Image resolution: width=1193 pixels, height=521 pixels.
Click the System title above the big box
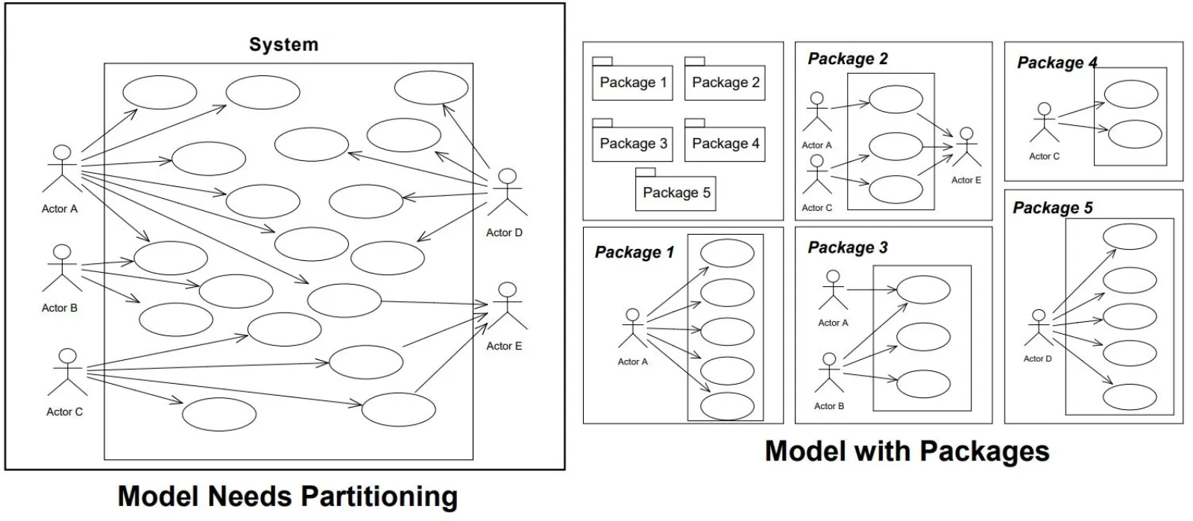coord(283,45)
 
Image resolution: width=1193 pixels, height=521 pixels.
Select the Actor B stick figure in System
coord(62,268)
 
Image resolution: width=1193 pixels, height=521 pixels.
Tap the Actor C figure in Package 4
coord(1045,123)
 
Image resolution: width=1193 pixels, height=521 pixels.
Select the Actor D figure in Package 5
coord(1038,328)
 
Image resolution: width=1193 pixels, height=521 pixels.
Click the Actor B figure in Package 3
coord(829,373)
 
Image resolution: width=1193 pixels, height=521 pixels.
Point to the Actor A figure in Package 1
coord(633,329)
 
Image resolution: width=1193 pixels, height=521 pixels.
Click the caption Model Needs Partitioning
coord(288,496)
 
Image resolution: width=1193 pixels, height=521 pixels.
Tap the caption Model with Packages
coord(907,451)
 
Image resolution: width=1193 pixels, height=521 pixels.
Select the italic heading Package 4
coord(1057,63)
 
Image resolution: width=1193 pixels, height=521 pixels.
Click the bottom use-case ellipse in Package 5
coord(1129,396)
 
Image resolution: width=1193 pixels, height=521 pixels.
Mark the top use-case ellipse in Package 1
coord(727,253)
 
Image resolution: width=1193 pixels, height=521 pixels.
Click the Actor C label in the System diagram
coord(65,411)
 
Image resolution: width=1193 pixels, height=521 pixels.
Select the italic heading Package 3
coord(848,247)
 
